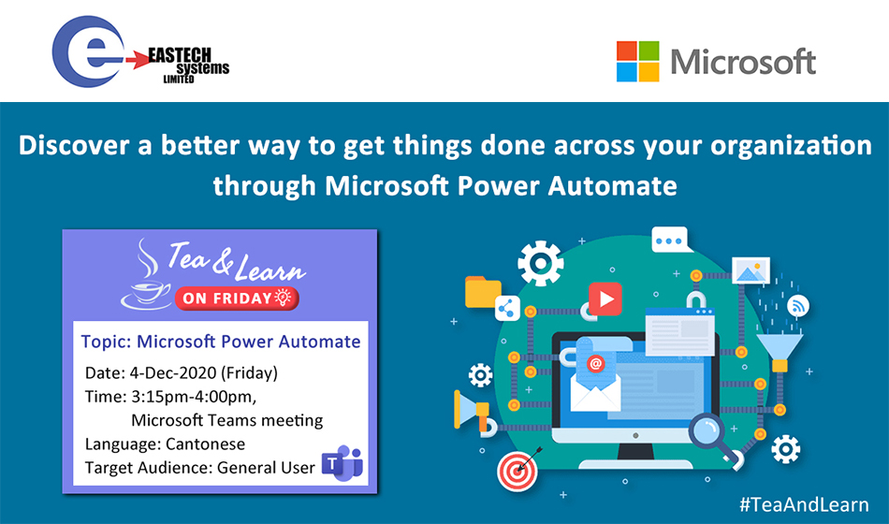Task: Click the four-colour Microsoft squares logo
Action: (638, 61)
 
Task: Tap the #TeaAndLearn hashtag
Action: (804, 504)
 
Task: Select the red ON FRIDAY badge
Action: (237, 298)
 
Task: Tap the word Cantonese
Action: (205, 444)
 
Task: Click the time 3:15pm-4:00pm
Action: (194, 397)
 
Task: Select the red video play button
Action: (605, 298)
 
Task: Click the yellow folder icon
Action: (483, 292)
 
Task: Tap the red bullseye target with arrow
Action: (517, 469)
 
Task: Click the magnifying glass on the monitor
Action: (714, 439)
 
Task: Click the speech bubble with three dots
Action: (671, 240)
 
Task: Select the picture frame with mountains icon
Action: (751, 270)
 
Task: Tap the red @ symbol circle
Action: (595, 363)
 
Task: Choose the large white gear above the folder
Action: (540, 263)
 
